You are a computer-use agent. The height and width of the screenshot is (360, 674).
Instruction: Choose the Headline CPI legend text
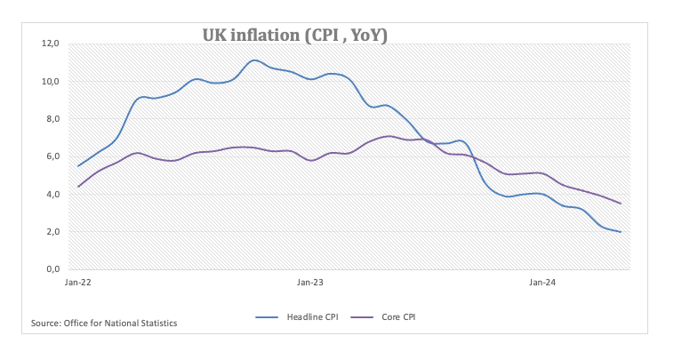[312, 316]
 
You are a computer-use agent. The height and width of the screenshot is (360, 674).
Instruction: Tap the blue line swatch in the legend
[268, 316]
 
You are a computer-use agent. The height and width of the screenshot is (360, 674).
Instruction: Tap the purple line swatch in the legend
[358, 316]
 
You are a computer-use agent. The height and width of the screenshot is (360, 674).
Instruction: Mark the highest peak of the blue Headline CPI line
[254, 60]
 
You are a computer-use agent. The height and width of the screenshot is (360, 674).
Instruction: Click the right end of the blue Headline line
[621, 231]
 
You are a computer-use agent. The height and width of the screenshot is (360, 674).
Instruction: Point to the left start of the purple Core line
[78, 187]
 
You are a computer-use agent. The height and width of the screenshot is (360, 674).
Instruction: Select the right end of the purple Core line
[621, 204]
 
